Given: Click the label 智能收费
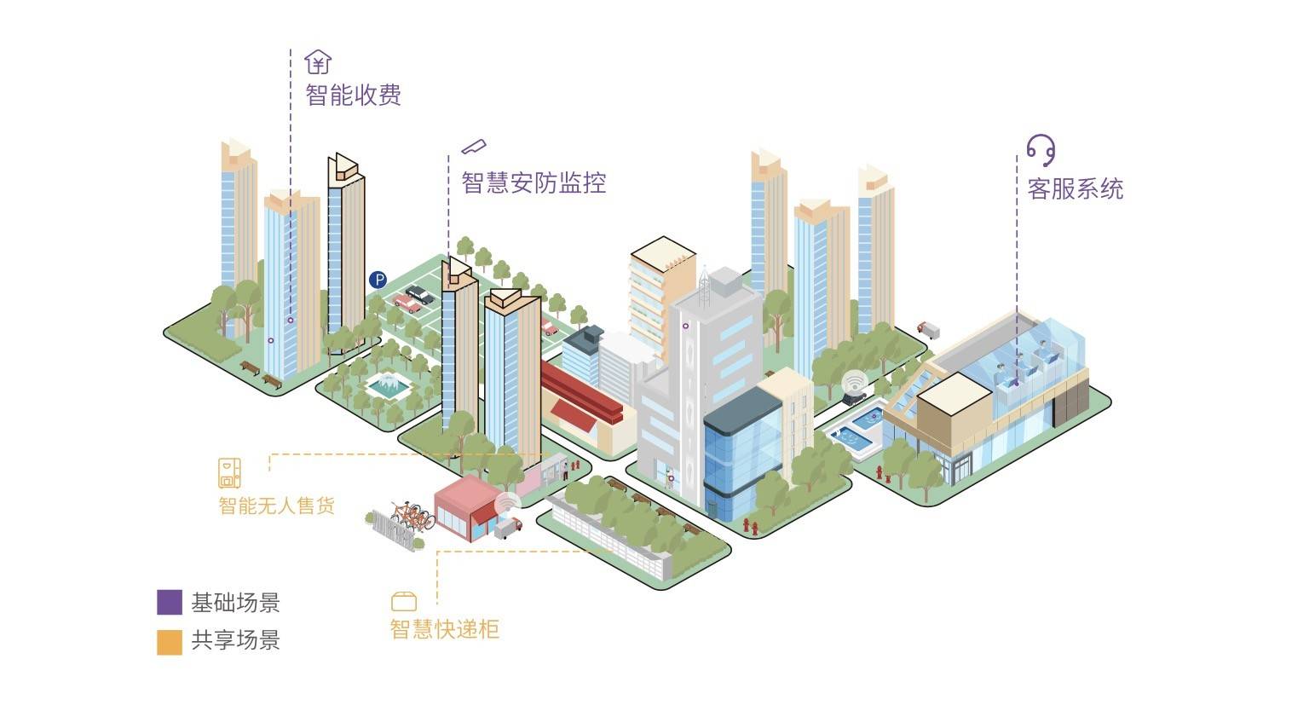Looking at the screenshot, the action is click(x=353, y=95).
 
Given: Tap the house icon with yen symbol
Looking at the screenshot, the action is click(x=318, y=62).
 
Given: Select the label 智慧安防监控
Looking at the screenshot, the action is click(x=534, y=183).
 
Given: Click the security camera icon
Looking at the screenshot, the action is click(x=474, y=147).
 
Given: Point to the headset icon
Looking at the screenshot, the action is click(x=1041, y=151).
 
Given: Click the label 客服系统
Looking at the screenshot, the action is click(x=1076, y=189).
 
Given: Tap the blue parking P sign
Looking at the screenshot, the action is click(x=378, y=280).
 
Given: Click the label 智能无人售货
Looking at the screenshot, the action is click(x=277, y=506).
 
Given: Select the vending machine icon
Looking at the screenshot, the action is click(x=229, y=473).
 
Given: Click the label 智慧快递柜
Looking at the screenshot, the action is click(x=444, y=629).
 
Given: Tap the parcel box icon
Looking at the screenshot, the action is click(x=404, y=601).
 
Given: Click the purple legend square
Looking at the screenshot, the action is click(x=170, y=602).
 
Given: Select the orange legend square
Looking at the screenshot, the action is click(x=170, y=642).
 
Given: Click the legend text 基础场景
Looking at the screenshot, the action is click(x=236, y=603).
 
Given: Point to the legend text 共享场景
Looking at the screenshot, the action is click(x=236, y=640).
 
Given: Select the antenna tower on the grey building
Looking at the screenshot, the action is click(x=704, y=286).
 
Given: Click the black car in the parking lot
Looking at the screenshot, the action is click(x=420, y=295).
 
